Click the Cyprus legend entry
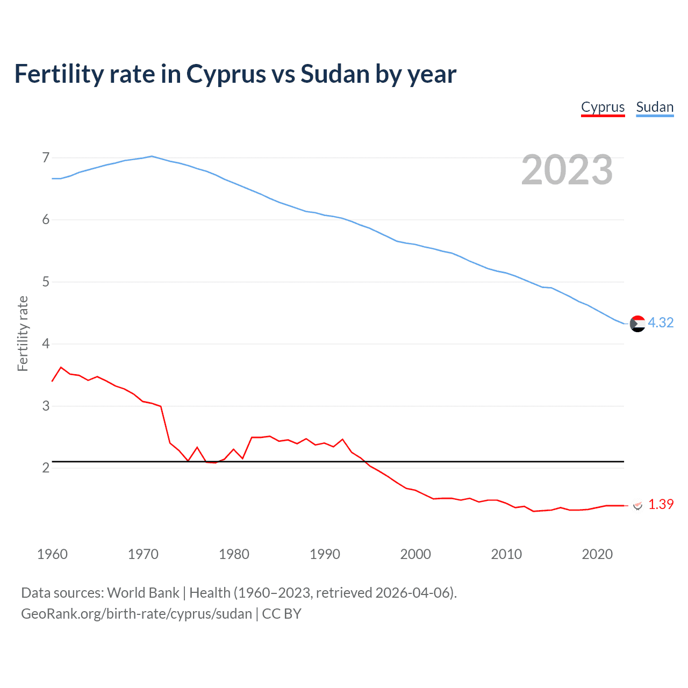[603, 107]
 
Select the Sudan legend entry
[655, 107]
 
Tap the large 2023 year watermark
[567, 170]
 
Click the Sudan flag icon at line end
[637, 324]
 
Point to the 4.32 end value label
[661, 322]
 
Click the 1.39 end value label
[661, 504]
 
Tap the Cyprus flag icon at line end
[637, 505]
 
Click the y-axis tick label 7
[46, 157]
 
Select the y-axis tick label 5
[46, 282]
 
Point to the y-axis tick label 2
[46, 468]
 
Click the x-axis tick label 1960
[52, 554]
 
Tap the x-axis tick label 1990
[325, 554]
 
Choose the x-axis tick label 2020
[597, 554]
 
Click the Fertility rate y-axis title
[23, 333]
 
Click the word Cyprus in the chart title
[226, 74]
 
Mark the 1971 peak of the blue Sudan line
[152, 156]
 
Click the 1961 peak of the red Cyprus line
[61, 367]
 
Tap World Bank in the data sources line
[143, 593]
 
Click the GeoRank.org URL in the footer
[137, 614]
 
